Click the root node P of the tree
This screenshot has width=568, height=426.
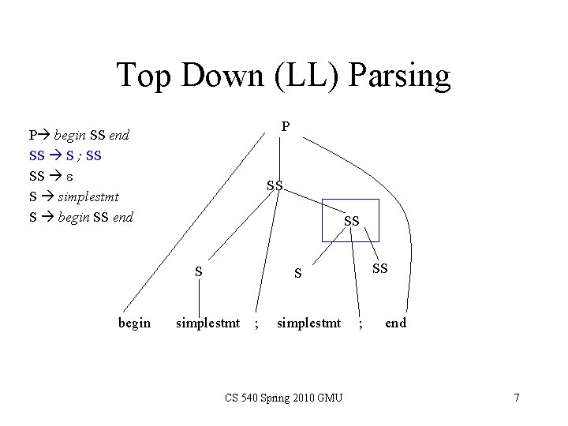coord(286,126)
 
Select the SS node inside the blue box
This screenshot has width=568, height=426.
coord(352,222)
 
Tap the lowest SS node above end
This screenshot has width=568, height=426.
coord(380,268)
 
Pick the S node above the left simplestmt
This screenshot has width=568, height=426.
coord(199,272)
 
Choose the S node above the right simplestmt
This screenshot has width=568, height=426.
coord(297,274)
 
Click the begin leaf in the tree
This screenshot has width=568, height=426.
coord(134,323)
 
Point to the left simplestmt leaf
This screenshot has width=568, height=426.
coord(207,323)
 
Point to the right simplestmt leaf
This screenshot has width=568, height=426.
coord(308,323)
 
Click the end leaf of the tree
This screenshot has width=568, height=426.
coord(396,323)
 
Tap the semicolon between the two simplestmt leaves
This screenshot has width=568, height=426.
coord(256,323)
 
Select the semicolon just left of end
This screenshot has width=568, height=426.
coord(361,323)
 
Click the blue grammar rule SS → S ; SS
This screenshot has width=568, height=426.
coord(65,155)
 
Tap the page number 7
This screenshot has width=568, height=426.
coord(517,398)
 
